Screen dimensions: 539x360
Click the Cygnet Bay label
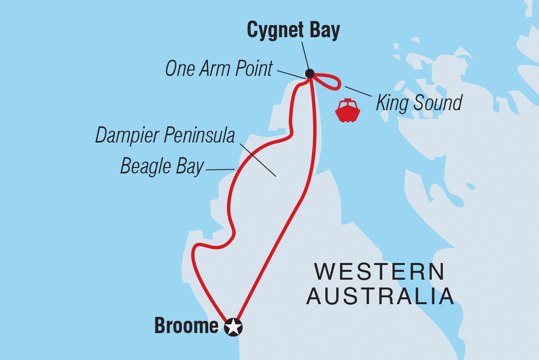[293, 30]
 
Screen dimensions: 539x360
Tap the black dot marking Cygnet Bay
[310, 74]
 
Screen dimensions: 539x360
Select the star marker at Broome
[233, 327]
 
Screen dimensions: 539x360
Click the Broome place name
[186, 326]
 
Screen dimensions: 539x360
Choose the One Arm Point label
[219, 69]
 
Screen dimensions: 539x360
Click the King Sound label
[419, 103]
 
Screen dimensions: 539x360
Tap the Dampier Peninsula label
[165, 136]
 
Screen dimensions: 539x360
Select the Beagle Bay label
[162, 167]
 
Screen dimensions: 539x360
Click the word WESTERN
[380, 272]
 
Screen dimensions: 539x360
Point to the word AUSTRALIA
[380, 297]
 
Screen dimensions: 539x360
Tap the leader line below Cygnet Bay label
[305, 56]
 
